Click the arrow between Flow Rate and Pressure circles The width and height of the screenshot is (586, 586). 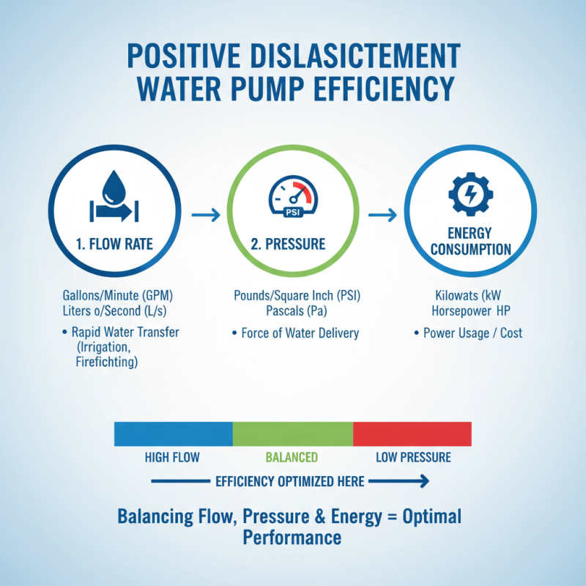[x=206, y=215]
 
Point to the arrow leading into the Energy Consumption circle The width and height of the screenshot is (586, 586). [x=382, y=215]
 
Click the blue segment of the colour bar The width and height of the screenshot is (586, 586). [x=173, y=434]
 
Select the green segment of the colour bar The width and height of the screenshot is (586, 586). [x=292, y=434]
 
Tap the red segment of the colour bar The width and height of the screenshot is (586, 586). [x=412, y=434]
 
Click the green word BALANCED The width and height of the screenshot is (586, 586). [x=291, y=458]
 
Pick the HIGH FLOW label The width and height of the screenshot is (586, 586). [x=172, y=458]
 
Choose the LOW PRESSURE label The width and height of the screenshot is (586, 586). [x=413, y=458]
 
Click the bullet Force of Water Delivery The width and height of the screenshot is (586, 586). [x=300, y=333]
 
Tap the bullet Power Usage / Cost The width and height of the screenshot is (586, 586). [x=474, y=333]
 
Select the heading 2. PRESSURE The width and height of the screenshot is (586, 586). [x=292, y=245]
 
